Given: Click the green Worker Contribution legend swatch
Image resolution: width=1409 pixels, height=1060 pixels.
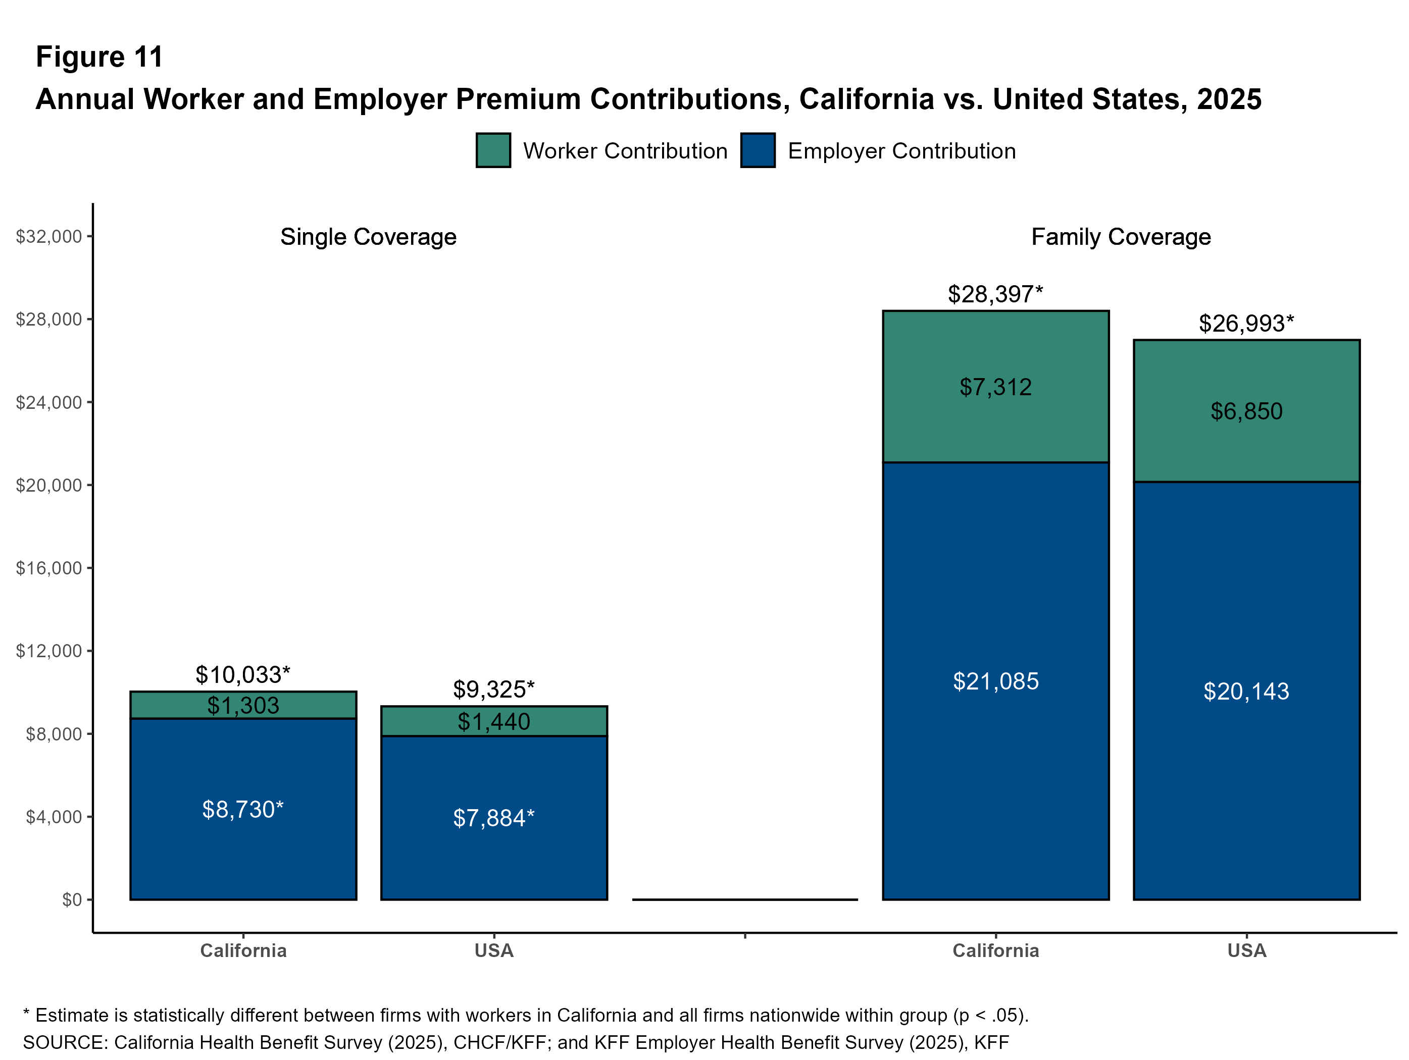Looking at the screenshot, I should point(493,150).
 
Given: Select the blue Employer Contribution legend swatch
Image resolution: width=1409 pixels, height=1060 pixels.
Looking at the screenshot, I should point(758,150).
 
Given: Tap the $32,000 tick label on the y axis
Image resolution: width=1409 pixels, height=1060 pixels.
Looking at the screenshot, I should point(49,237).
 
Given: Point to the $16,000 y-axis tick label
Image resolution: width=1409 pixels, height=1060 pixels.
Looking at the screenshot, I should point(49,568).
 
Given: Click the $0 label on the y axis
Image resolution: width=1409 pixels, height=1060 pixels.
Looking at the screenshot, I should point(72,899).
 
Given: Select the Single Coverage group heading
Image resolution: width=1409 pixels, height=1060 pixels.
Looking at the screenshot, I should point(368,237).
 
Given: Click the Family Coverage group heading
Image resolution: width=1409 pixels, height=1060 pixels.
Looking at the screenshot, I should point(1121,237).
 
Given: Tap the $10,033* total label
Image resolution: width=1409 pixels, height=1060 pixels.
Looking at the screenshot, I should point(243,675).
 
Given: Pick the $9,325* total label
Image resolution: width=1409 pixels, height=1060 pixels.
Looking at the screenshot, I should point(494,690).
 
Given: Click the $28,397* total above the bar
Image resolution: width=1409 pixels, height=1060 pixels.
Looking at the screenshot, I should point(995,294).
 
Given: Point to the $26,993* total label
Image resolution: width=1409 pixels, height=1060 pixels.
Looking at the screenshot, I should point(1246,324).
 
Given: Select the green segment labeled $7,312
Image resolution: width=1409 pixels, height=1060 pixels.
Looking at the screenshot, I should point(995,387).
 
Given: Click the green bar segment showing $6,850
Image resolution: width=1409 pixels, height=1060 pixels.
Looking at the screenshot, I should point(1246,411).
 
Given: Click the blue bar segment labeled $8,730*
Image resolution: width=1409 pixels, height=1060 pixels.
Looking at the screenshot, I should point(243,809).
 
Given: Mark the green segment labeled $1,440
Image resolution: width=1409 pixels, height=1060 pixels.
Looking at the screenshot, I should point(494,721).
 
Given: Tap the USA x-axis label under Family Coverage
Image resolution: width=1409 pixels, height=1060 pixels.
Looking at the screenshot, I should point(1246,950).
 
